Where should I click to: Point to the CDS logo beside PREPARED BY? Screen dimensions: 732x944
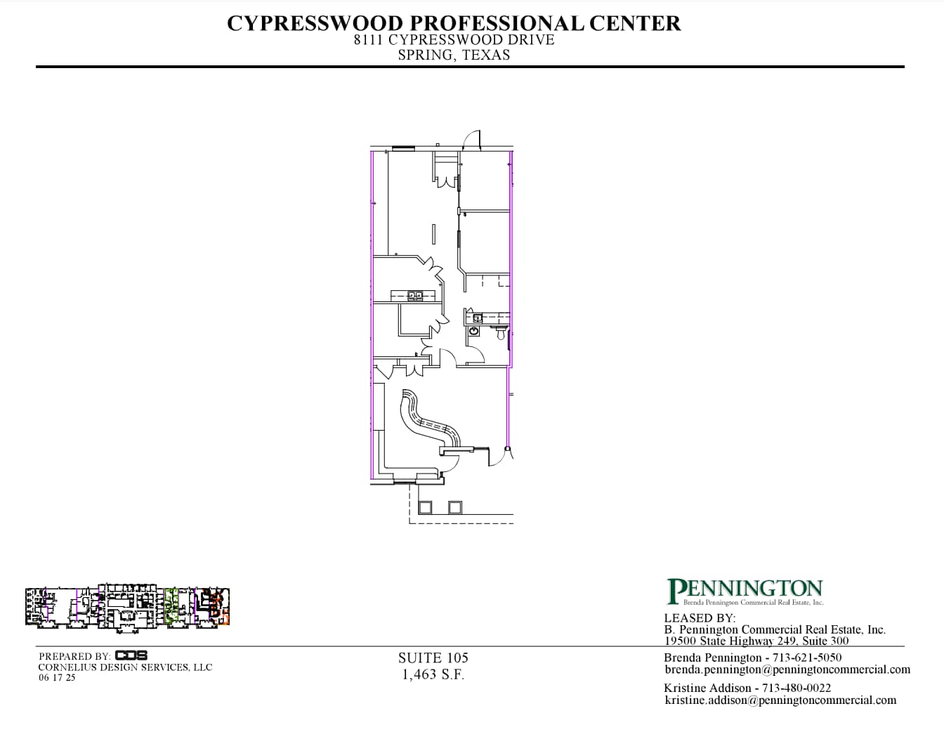pos(131,655)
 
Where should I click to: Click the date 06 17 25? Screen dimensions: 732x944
pos(57,678)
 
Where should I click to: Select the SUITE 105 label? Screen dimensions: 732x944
pos(433,658)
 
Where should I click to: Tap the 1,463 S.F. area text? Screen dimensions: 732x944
pos(433,675)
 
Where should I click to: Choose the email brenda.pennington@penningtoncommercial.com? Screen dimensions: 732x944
pos(787,670)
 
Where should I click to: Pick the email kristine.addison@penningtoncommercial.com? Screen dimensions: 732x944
pos(780,700)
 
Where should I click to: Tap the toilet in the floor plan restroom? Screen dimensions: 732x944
pos(501,334)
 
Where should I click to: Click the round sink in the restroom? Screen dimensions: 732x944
pos(474,331)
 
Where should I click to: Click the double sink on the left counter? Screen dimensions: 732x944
pos(415,296)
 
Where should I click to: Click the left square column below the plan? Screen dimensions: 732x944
pos(425,507)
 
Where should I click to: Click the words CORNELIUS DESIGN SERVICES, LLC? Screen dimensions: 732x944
pos(125,667)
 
